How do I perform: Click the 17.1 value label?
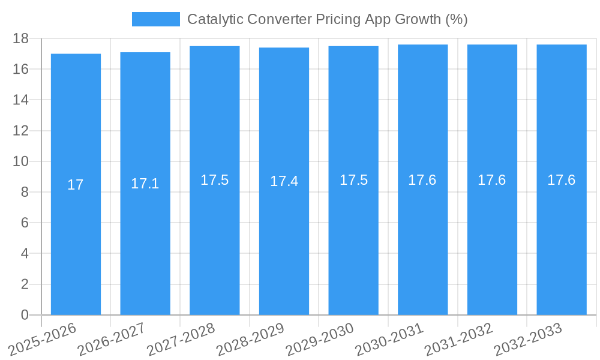tap(145, 184)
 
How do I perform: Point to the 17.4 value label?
tap(284, 181)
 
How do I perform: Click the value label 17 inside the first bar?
tap(76, 185)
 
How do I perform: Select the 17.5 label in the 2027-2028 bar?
tap(214, 180)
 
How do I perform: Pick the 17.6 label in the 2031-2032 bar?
tap(492, 180)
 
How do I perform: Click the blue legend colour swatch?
tap(155, 19)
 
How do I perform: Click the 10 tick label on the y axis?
tap(20, 161)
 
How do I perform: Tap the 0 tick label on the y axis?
tap(25, 315)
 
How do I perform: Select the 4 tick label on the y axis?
tap(25, 254)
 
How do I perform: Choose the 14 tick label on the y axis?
tap(20, 100)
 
